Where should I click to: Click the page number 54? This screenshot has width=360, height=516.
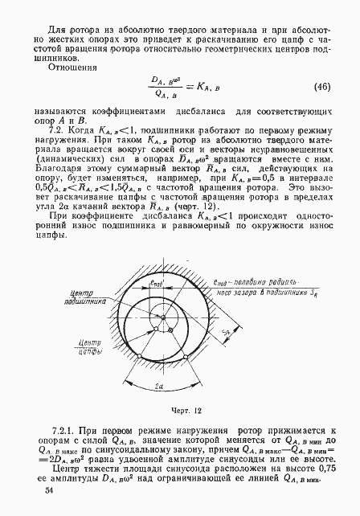(51, 489)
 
